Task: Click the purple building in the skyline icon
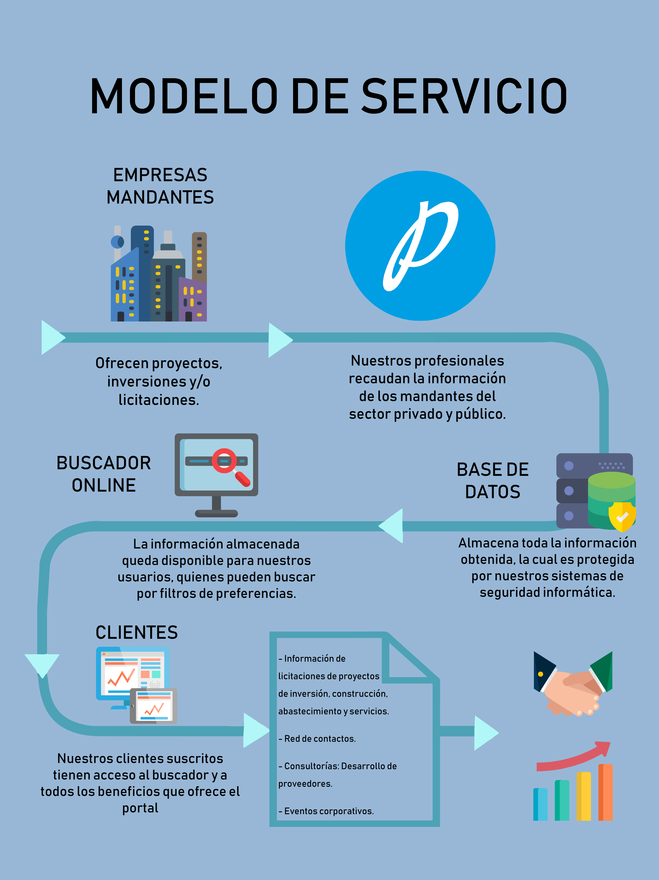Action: pyautogui.click(x=193, y=299)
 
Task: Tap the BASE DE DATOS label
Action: pyautogui.click(x=493, y=481)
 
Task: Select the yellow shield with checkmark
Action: pyautogui.click(x=622, y=517)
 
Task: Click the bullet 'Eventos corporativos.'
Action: pyautogui.click(x=326, y=811)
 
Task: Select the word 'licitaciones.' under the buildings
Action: pyautogui.click(x=159, y=400)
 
